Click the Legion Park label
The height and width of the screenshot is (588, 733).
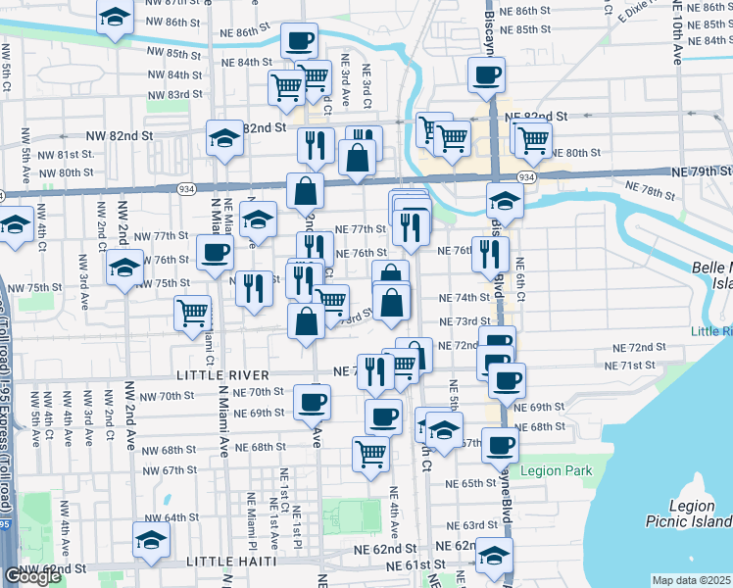(x=557, y=471)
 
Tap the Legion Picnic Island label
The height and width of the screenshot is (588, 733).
(x=687, y=514)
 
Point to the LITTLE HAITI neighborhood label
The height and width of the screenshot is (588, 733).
(x=230, y=563)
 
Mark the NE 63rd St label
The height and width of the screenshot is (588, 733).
(x=481, y=525)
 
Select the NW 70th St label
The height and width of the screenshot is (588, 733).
(x=168, y=396)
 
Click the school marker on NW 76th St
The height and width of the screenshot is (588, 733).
(x=125, y=267)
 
